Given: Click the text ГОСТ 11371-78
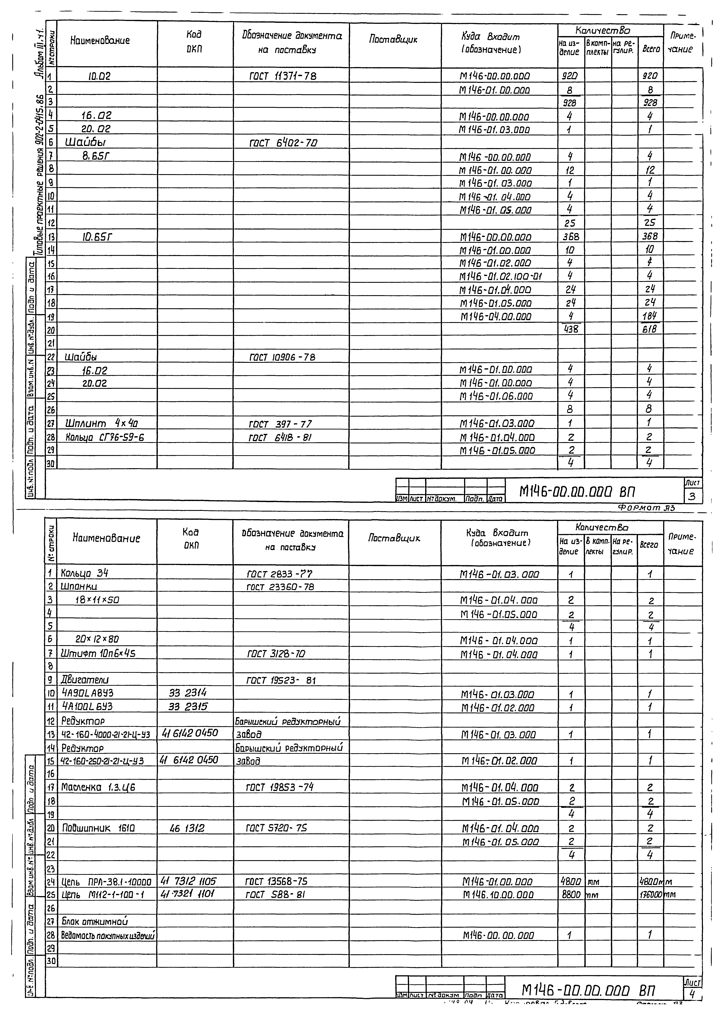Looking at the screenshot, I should [283, 76].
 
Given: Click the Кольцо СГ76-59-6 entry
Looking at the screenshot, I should [105, 437].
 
